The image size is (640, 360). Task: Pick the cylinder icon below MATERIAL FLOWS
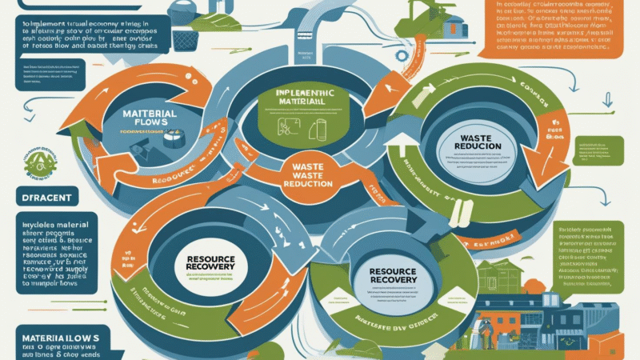(170, 138)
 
